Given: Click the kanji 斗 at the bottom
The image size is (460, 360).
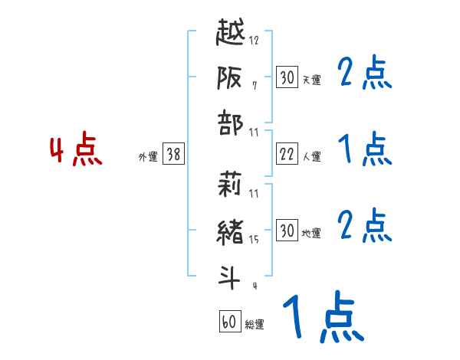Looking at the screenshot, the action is click(232, 276).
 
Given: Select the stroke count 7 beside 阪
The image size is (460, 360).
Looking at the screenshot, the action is click(255, 85).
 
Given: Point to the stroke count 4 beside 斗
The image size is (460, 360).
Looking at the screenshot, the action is click(255, 286).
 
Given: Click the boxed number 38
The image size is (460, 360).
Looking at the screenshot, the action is click(173, 155).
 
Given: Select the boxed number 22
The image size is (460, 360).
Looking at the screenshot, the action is click(286, 155).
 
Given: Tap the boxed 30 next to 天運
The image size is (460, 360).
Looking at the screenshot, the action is click(286, 77).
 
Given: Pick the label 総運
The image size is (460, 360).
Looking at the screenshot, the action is click(255, 325).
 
